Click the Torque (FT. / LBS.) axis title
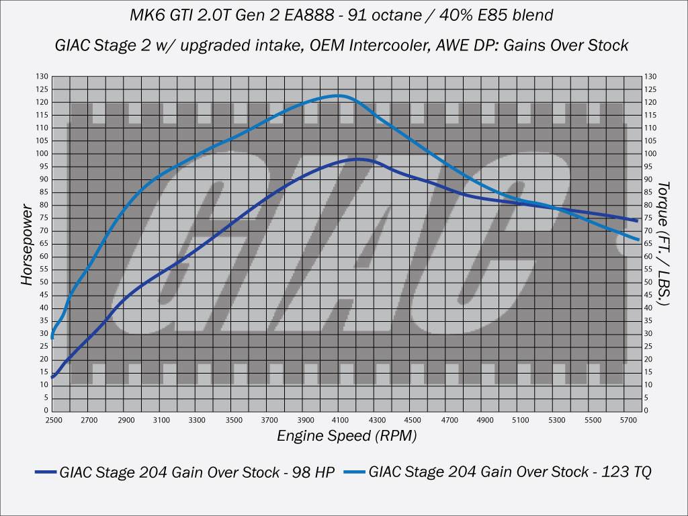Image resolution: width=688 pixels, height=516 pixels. [x=663, y=243]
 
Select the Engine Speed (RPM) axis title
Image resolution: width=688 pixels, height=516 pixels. [x=347, y=435]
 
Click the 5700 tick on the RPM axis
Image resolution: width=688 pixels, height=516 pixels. [x=628, y=420]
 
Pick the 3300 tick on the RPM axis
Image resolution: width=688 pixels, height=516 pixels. [x=197, y=420]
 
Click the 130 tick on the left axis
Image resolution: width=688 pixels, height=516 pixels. [x=42, y=77]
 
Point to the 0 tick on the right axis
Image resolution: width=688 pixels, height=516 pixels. [x=647, y=410]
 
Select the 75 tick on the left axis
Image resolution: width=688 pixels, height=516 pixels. [x=43, y=218]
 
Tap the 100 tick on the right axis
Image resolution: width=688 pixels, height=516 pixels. [x=650, y=154]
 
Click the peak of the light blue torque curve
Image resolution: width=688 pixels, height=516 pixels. [x=339, y=95]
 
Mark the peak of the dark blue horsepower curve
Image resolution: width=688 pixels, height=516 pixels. [x=357, y=159]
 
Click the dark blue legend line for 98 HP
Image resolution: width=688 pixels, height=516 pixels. [x=45, y=472]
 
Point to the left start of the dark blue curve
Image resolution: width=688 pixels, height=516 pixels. [x=52, y=378]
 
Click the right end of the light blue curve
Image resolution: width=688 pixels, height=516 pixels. [x=638, y=239]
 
